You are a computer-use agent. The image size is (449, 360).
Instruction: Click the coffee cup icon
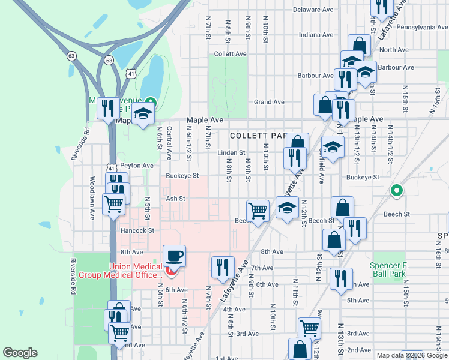click(x=174, y=256)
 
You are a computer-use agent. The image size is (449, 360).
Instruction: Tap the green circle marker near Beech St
click(x=396, y=191)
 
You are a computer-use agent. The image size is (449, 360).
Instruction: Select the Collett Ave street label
click(x=231, y=54)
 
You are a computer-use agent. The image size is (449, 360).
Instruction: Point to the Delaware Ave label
click(x=313, y=10)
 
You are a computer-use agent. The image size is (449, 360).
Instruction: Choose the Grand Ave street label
click(x=269, y=102)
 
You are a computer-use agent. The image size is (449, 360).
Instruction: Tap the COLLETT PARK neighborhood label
click(x=258, y=136)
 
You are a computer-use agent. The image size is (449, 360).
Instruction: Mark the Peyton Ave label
click(x=137, y=165)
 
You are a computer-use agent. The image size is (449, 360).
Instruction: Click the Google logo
click(x=20, y=353)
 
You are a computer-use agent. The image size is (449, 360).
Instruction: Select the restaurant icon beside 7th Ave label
click(x=223, y=267)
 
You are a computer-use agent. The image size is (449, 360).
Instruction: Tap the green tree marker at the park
click(x=151, y=103)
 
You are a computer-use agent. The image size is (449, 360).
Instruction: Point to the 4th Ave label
click(x=234, y=310)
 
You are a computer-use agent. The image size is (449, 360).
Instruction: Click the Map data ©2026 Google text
click(x=411, y=355)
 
